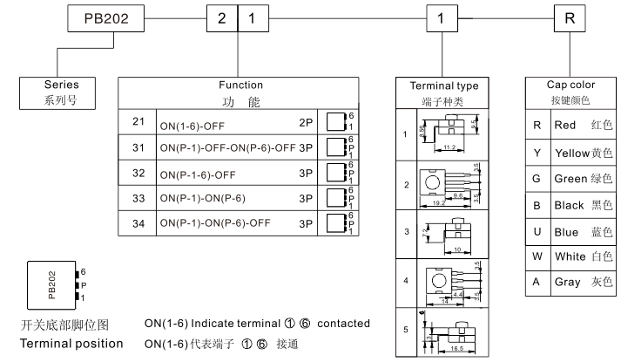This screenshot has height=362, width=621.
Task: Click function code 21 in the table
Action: [x=138, y=120]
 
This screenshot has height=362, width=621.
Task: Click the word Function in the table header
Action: [x=241, y=85]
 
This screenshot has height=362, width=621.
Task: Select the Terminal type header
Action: [x=444, y=86]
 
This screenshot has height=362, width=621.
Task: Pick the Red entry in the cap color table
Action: [x=565, y=126]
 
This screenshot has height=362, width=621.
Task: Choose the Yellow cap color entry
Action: [x=572, y=153]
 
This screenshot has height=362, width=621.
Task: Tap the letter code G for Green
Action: [x=537, y=180]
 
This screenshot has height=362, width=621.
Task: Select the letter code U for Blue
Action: [x=537, y=233]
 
